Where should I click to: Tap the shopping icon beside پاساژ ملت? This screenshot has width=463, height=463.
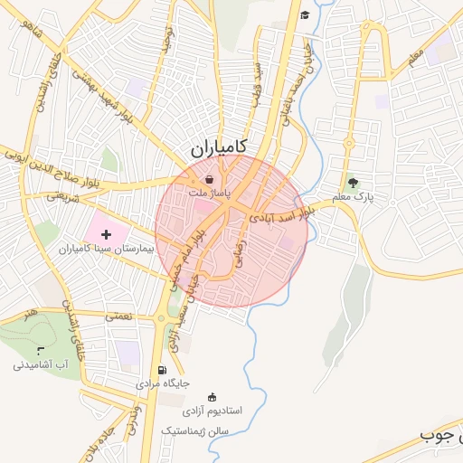pyautogui.click(x=210, y=180)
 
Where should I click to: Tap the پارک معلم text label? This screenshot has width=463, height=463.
pyautogui.click(x=352, y=195)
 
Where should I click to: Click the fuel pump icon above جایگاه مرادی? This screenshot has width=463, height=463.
pyautogui.click(x=162, y=370)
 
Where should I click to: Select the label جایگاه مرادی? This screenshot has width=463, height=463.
pyautogui.click(x=163, y=383)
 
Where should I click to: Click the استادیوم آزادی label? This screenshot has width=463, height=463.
pyautogui.click(x=213, y=412)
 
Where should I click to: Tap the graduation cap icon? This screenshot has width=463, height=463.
pyautogui.click(x=305, y=14)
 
